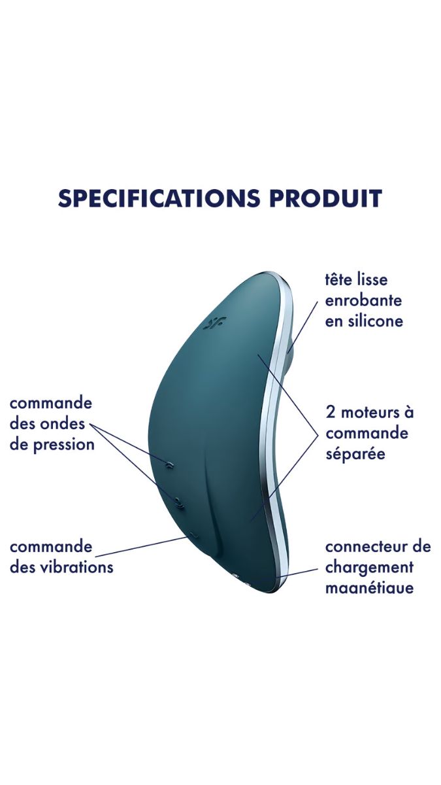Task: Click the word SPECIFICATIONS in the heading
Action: click(x=159, y=198)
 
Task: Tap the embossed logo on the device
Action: click(x=214, y=323)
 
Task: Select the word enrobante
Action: click(x=363, y=301)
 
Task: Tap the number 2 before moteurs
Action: click(x=331, y=413)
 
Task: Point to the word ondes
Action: click(x=62, y=424)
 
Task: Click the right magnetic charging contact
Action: click(x=247, y=584)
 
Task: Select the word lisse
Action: click(x=372, y=280)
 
